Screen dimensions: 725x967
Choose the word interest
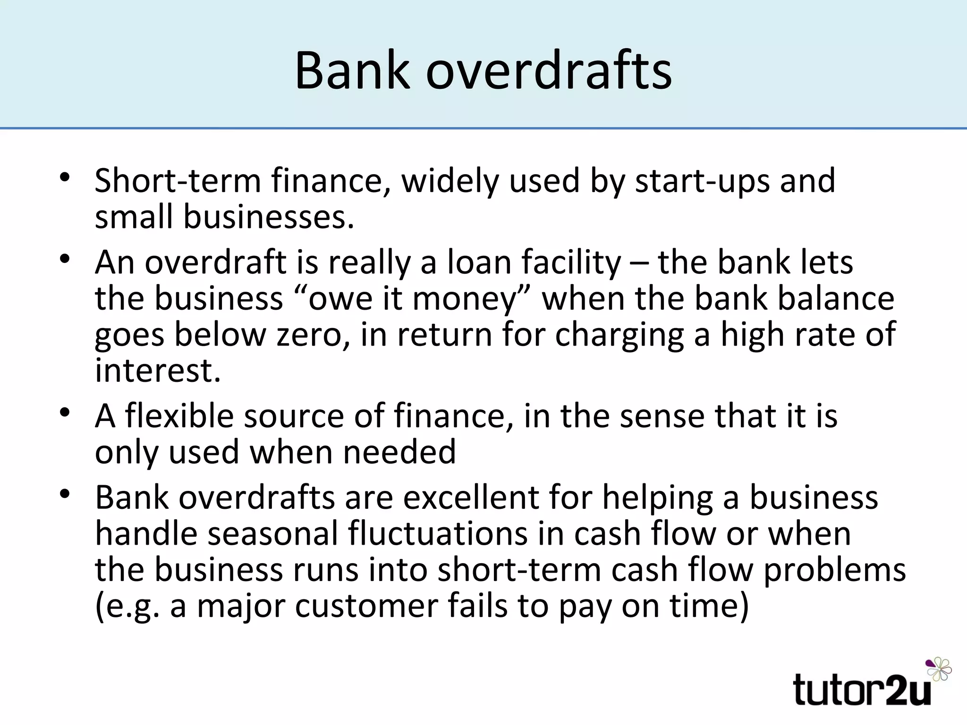(x=158, y=371)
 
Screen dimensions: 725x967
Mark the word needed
(x=399, y=452)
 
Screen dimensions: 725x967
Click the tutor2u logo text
(x=862, y=690)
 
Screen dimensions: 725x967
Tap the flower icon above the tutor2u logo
(x=939, y=668)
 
